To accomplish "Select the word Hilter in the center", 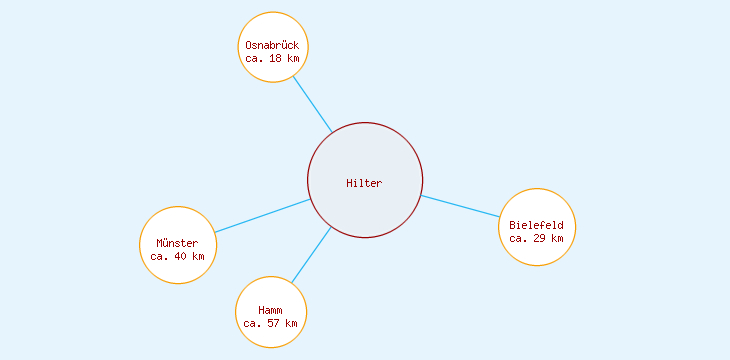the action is pos(364,182).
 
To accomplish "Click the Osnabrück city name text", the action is pos(272,45).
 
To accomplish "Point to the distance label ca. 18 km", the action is pos(272,58).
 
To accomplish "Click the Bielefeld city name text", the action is pos(536,225).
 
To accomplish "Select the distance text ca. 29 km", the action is pos(536,238).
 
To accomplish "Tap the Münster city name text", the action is pos(177,243).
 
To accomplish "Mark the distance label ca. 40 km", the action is pos(177,256).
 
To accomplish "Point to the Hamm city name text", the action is pos(270,310).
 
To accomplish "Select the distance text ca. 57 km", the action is pos(270,323).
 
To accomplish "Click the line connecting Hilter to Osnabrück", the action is pos(312,104).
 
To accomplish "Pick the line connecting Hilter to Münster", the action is pos(262,216).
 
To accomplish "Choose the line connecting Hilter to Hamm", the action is pos(310,255).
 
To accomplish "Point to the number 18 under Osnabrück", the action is pos(275,58).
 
